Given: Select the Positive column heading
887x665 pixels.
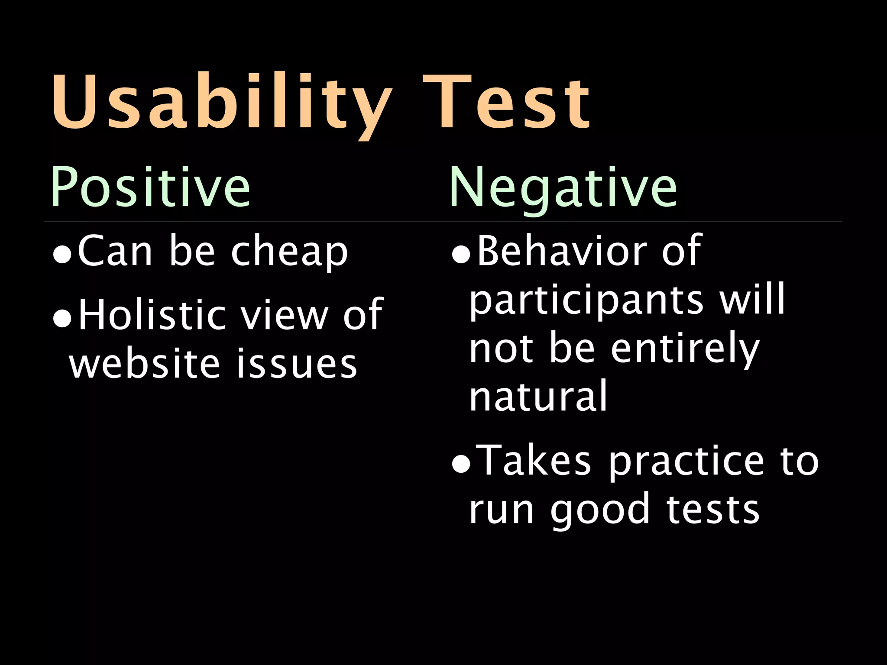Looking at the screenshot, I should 150,187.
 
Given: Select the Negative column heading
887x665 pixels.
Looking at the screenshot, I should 563,187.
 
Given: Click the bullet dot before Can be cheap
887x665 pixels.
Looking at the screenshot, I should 62,256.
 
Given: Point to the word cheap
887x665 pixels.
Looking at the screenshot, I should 289,252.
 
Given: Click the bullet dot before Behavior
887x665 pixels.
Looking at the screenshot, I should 460,256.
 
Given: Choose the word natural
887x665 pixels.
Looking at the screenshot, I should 538,396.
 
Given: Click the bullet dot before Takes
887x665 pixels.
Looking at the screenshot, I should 460,465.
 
